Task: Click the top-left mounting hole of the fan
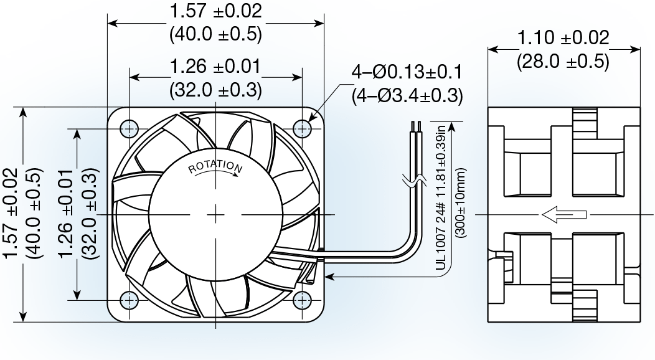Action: point(130,129)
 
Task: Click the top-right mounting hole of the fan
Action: point(303,129)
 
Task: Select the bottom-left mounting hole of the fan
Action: point(130,300)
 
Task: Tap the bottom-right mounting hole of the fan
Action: point(303,300)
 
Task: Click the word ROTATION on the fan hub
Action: point(215,166)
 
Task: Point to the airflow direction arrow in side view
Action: point(563,215)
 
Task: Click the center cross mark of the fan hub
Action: point(215,214)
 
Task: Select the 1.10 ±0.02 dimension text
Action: point(563,39)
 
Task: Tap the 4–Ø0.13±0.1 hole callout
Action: point(406,72)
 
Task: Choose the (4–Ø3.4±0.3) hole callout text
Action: point(407,96)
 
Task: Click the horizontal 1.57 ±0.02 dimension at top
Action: point(215,11)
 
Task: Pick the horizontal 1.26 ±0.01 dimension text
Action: point(215,65)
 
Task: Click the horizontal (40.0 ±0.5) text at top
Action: point(215,34)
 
